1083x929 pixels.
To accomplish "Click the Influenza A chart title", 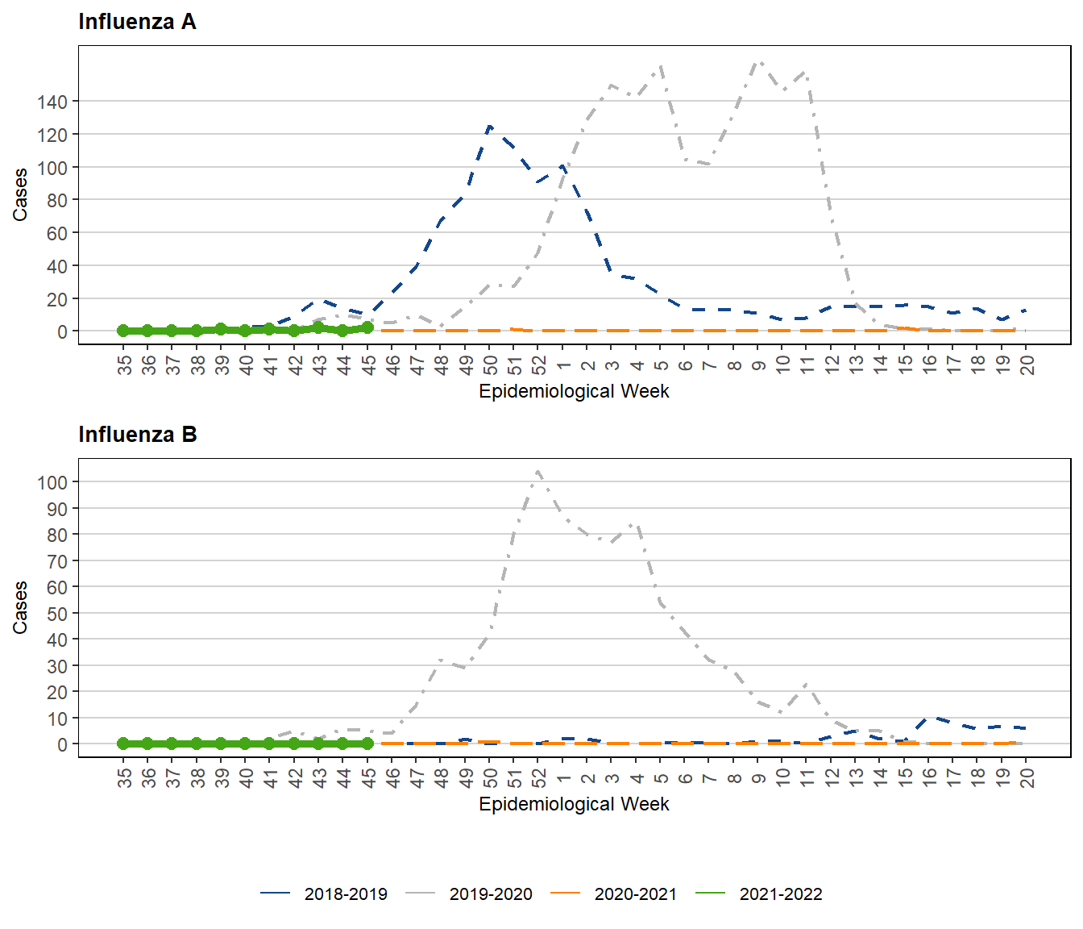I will pos(137,22).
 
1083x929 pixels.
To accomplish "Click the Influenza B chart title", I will pos(137,435).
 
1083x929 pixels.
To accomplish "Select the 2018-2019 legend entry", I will pos(324,894).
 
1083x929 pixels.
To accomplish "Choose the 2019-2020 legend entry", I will pos(469,894).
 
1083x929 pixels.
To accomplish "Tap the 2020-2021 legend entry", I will pos(614,894).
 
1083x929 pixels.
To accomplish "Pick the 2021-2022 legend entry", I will pos(759,894).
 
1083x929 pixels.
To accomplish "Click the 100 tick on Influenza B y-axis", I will pos(52,482).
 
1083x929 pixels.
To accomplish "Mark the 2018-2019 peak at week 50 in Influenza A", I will pos(489,127).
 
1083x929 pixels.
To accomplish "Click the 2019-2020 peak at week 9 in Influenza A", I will pos(758,61).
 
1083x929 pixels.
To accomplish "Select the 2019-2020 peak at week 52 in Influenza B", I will pos(537,472).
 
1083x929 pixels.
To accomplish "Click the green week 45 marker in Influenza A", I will pos(367,327).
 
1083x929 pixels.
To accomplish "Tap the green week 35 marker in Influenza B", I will pos(123,744).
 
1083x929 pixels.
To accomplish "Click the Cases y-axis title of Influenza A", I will pos(20,194).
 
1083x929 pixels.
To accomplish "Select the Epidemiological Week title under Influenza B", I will pos(574,804).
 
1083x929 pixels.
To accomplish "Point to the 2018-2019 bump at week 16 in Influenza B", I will pos(930,717).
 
